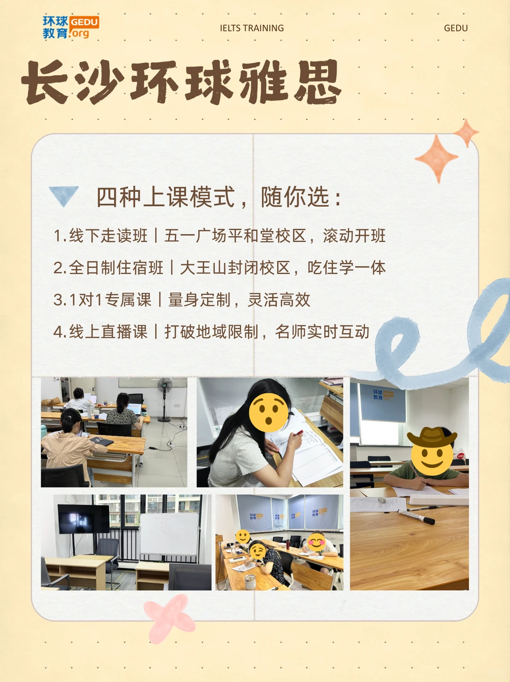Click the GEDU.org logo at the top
(71, 27)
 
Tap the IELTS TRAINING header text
(252, 28)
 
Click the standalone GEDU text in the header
(456, 28)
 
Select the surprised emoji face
(269, 412)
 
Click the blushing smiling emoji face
(316, 543)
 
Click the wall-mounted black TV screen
(84, 519)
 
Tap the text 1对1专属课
(102, 300)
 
